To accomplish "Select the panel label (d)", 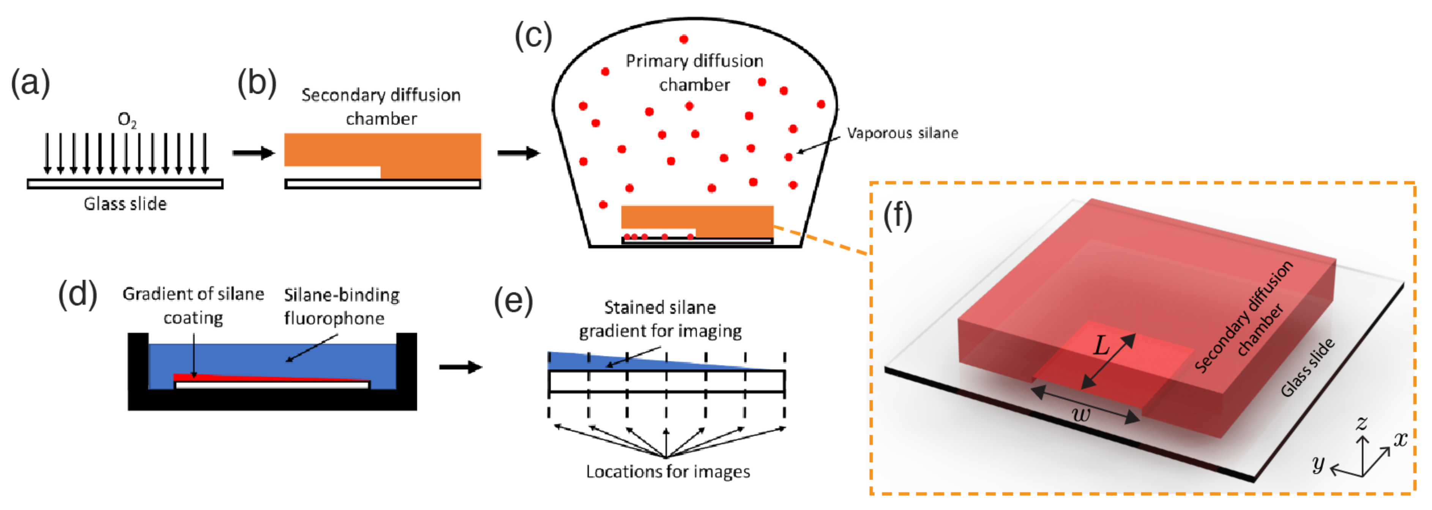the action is click(x=78, y=294).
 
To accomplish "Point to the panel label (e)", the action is click(x=513, y=301).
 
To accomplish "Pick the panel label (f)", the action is click(x=898, y=216).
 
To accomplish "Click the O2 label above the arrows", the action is click(x=127, y=120).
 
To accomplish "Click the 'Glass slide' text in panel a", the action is click(x=125, y=204).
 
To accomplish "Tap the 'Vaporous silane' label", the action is click(x=902, y=133).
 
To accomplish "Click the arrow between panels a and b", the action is click(x=254, y=153).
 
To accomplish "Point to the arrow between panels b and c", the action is click(x=518, y=153).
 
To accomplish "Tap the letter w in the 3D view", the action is click(x=1081, y=414).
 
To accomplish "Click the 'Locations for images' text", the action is click(x=668, y=472).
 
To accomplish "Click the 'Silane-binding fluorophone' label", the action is click(x=341, y=306).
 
